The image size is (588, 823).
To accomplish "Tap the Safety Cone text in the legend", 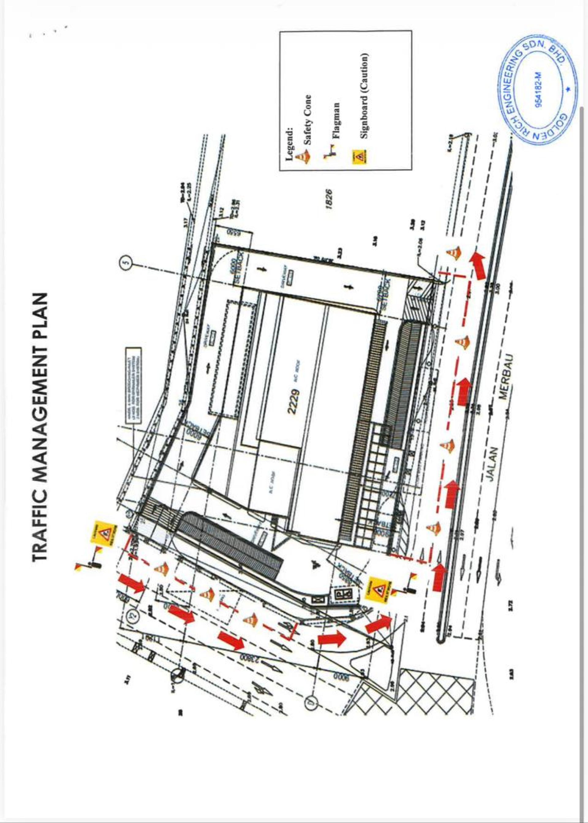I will click(x=307, y=119).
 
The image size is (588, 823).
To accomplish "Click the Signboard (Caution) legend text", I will click(x=364, y=96).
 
